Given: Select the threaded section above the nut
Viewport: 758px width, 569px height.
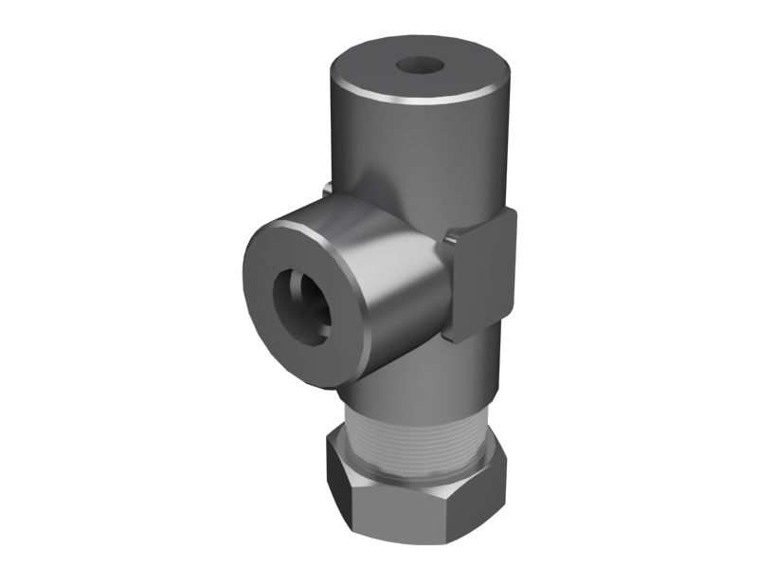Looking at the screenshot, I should [417, 427].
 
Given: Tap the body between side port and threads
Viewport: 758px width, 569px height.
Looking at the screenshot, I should [417, 370].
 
